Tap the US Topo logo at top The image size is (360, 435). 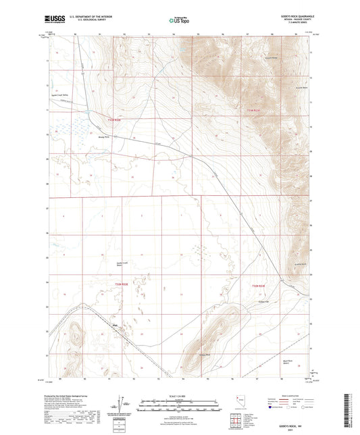click(174, 20)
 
